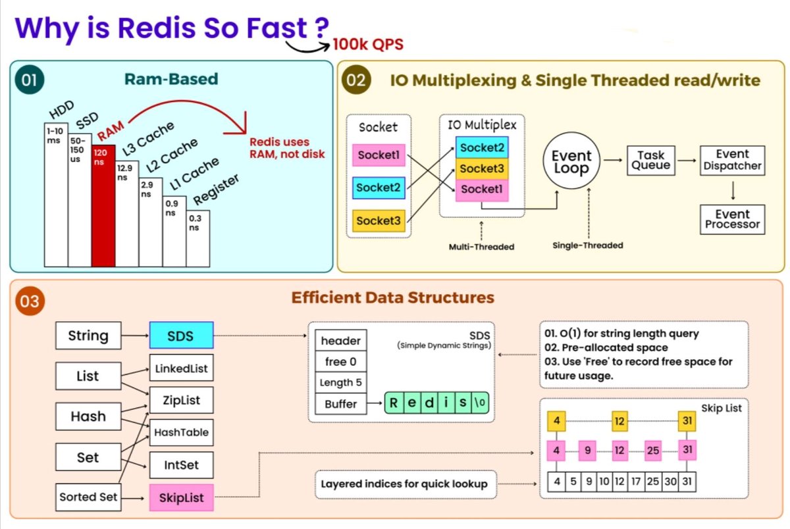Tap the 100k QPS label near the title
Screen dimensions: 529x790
click(367, 45)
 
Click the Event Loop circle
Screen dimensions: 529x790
click(571, 163)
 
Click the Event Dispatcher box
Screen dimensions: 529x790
click(732, 160)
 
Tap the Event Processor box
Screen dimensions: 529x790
click(732, 219)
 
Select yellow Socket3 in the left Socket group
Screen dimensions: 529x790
click(379, 221)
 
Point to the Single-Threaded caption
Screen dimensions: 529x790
click(587, 245)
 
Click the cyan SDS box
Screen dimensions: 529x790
click(181, 336)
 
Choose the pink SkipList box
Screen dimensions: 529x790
click(181, 498)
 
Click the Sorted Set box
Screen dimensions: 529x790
click(88, 497)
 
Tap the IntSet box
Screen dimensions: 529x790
click(181, 465)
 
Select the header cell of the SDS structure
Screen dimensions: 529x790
click(340, 341)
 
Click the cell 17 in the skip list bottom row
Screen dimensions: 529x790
click(637, 481)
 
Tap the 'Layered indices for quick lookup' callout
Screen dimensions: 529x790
click(404, 484)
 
